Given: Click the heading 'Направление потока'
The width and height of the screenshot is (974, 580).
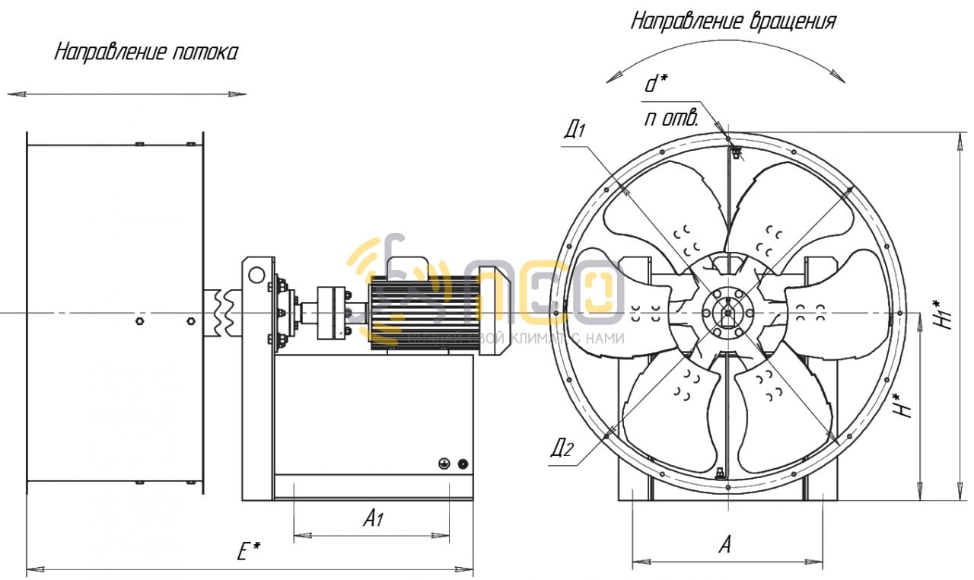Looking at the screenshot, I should pyautogui.click(x=145, y=53).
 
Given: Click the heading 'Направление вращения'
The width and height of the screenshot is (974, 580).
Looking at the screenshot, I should pyautogui.click(x=733, y=21).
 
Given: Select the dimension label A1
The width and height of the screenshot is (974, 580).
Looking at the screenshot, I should pyautogui.click(x=372, y=520).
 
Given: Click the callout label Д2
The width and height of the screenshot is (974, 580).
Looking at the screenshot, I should pyautogui.click(x=562, y=448).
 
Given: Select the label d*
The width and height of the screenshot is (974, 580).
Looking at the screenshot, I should pyautogui.click(x=657, y=83).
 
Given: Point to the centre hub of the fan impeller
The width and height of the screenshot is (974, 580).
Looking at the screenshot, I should pyautogui.click(x=727, y=312).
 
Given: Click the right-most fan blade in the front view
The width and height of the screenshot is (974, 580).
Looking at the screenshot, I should pyautogui.click(x=837, y=312).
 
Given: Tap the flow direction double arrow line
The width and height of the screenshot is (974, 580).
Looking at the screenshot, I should pyautogui.click(x=127, y=94).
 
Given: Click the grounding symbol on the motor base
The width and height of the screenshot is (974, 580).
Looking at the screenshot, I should pyautogui.click(x=444, y=464).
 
